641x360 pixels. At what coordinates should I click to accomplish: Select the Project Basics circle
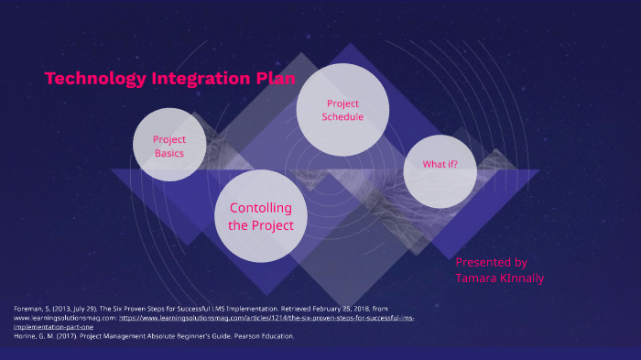(169, 145)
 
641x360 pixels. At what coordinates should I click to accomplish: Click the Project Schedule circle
(343, 110)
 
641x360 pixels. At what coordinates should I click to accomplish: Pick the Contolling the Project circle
(261, 216)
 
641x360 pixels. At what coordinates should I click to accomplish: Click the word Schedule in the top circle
(343, 117)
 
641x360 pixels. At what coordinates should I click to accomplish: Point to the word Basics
(169, 153)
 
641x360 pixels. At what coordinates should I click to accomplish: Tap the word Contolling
(261, 208)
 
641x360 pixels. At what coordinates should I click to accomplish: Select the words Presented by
(492, 262)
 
